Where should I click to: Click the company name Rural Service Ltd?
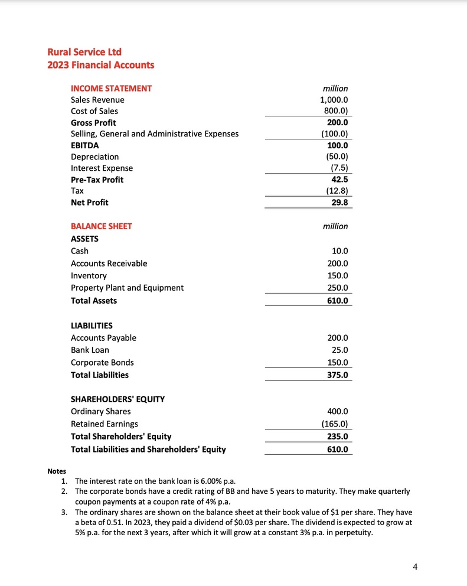click(x=84, y=52)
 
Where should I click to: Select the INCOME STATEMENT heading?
click(x=111, y=88)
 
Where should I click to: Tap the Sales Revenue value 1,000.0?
click(x=334, y=100)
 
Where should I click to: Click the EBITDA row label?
click(x=85, y=145)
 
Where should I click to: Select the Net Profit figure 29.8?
click(x=339, y=203)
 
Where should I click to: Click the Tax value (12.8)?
click(x=337, y=191)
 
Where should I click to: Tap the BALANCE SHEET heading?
click(x=101, y=226)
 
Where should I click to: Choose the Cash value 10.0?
click(x=340, y=251)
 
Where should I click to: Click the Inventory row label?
click(x=89, y=276)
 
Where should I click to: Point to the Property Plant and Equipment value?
click(x=338, y=288)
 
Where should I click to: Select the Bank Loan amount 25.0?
click(x=340, y=350)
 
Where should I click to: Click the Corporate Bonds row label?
click(x=102, y=363)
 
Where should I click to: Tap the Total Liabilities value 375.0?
click(x=338, y=375)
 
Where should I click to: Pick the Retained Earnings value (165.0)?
click(x=335, y=424)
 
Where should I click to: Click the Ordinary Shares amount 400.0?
click(x=338, y=412)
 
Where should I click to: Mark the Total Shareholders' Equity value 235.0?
click(x=338, y=437)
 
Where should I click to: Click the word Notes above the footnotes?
click(x=57, y=471)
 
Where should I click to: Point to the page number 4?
click(x=415, y=567)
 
